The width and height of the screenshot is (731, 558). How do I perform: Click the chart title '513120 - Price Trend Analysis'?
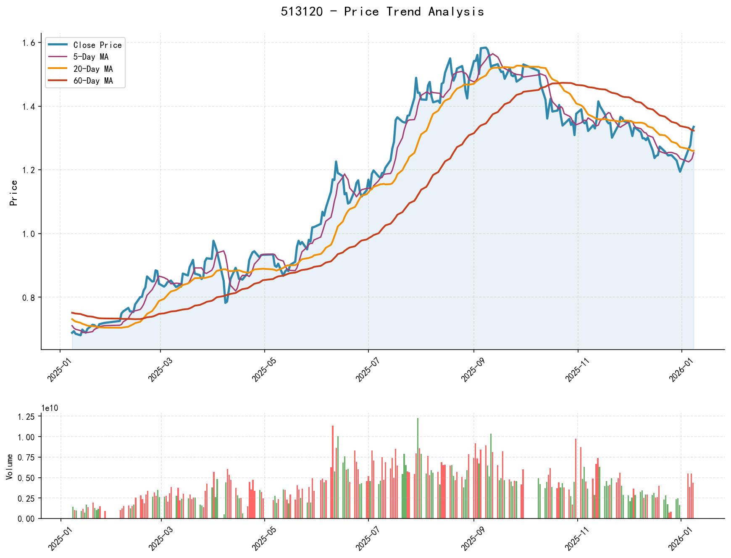pyautogui.click(x=382, y=12)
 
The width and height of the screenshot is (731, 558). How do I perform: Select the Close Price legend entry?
pyautogui.click(x=97, y=45)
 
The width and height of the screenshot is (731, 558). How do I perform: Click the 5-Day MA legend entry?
pyautogui.click(x=91, y=57)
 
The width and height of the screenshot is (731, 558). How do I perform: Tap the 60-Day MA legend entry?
pyautogui.click(x=93, y=81)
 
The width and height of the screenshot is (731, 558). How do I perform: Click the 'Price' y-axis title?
pyautogui.click(x=14, y=193)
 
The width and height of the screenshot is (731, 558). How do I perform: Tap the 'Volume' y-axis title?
pyautogui.click(x=9, y=466)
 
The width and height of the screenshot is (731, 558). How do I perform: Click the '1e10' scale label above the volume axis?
pyautogui.click(x=50, y=408)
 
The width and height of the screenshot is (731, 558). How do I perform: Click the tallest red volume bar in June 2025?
pyautogui.click(x=333, y=472)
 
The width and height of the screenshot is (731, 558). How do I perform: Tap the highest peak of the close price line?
pyautogui.click(x=486, y=47)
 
